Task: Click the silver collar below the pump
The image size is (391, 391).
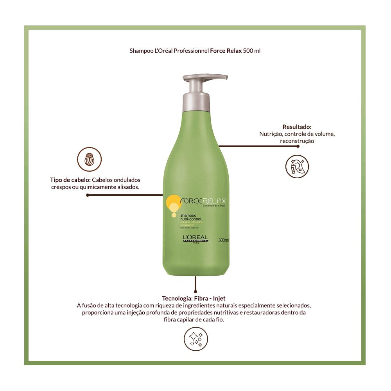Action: click(195, 101)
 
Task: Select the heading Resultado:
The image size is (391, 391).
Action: click(297, 127)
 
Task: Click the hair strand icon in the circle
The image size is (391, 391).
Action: click(90, 159)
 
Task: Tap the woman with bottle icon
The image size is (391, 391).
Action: click(297, 166)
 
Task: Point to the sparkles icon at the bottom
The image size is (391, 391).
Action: click(195, 339)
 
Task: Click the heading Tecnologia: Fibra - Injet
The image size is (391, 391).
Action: click(194, 298)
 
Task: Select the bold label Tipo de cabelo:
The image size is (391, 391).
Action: click(70, 180)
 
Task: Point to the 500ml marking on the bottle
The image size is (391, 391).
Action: click(223, 240)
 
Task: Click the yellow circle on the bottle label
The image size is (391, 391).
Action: click(172, 203)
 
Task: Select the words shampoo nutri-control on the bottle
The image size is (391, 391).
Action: click(191, 217)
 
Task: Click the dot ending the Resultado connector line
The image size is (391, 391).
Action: click(298, 146)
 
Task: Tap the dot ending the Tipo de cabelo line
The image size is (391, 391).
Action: click(88, 195)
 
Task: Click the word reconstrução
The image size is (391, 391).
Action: click(297, 141)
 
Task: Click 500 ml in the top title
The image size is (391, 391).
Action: click(251, 51)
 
